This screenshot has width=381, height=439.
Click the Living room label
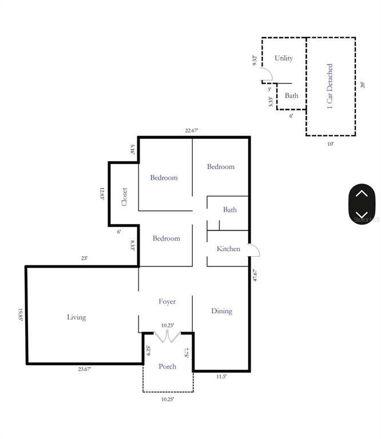point(76,317)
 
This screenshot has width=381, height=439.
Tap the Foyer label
point(167,301)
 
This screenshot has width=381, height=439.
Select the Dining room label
point(221,311)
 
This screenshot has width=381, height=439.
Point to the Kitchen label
point(228,249)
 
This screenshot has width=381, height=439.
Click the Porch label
point(167,366)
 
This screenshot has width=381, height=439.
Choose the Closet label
point(124,197)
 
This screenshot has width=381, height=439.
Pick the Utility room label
point(284,58)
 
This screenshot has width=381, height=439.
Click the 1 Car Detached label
point(330,86)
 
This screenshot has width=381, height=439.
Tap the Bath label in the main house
point(230,210)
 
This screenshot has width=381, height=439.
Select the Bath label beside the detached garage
point(292,96)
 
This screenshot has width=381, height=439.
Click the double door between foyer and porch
point(168,337)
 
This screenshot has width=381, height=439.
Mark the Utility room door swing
point(267,75)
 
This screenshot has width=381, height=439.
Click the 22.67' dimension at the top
point(191,130)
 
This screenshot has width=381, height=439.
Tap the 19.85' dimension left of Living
point(20,315)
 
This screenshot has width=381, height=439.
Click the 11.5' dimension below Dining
point(220,377)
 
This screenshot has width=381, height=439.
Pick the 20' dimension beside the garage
point(362,85)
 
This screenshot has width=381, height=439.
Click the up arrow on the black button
point(362,194)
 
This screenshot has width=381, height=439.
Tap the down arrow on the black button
point(362,214)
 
